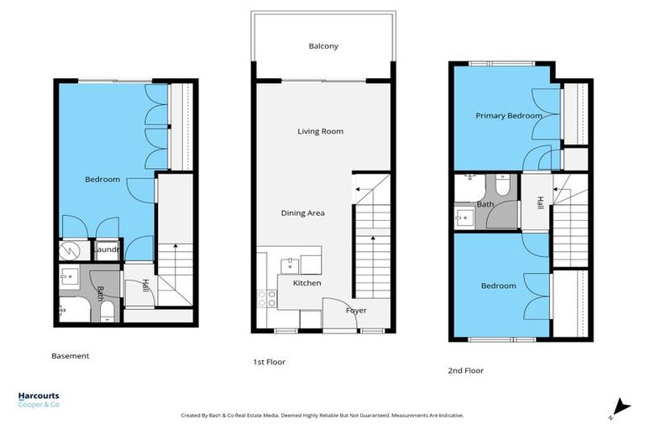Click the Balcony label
point(323,46)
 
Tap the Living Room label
point(320,131)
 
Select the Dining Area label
point(302,213)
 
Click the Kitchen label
point(307,284)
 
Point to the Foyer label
point(356,310)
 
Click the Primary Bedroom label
point(503,116)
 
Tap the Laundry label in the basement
point(107,249)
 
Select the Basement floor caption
point(71,356)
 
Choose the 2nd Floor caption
point(465,370)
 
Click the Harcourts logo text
point(39,397)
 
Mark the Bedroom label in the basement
point(102,180)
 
